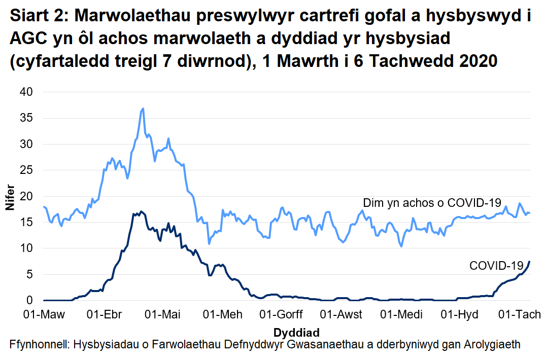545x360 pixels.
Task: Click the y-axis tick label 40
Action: [x=26, y=92]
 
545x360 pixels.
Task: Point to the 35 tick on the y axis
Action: [x=26, y=118]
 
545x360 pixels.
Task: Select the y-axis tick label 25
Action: [x=26, y=170]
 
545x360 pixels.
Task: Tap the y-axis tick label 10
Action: [x=26, y=248]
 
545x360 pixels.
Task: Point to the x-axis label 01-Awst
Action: [x=344, y=315]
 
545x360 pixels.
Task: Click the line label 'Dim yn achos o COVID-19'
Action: [x=432, y=203]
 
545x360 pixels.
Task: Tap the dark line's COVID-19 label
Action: [x=496, y=265]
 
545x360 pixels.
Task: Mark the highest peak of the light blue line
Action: [x=143, y=109]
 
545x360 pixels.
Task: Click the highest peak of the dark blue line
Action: [x=141, y=211]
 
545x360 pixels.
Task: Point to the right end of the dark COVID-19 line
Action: [x=529, y=262]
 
